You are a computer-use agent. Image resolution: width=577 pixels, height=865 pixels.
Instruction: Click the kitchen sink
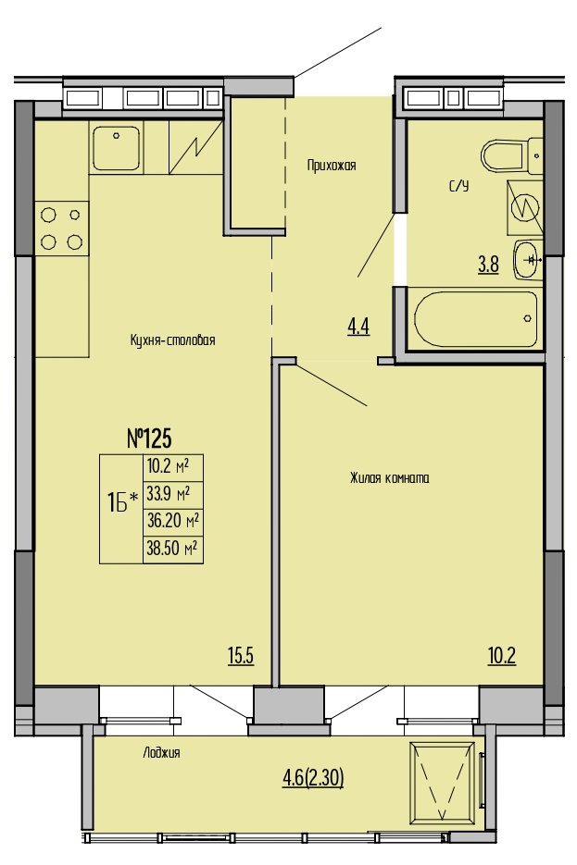pos(116,148)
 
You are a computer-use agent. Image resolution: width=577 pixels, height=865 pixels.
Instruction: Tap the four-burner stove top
pos(61,228)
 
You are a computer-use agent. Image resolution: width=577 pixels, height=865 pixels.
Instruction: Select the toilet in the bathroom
pos(512,155)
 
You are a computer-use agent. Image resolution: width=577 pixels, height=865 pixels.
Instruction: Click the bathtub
pos(475,319)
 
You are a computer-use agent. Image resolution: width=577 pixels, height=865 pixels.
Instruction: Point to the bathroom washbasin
pos(529,260)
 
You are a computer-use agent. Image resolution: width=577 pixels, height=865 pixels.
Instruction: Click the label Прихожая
pos(332,165)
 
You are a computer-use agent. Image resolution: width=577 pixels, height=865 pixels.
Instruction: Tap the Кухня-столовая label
pos(172,340)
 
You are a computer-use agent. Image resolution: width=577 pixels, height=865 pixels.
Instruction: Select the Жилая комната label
pos(390,477)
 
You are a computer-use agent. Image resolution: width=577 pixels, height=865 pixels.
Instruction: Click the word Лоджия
pos(161,752)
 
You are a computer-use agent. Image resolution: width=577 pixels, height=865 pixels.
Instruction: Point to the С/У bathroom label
pos(458,187)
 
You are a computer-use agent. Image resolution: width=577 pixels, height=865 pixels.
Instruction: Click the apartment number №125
pos(150,439)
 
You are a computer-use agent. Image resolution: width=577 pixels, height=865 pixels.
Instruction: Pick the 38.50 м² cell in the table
pos(173,549)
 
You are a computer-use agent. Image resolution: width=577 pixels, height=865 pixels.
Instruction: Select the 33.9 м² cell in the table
pos(173,494)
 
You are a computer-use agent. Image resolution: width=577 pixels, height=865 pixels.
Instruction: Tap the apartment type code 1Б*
pos(121,503)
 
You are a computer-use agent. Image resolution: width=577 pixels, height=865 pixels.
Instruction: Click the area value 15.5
pos(241,656)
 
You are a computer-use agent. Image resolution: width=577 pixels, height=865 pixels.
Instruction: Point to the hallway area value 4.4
pos(358,327)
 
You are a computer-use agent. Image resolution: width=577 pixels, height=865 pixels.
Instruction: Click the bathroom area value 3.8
pos(489,265)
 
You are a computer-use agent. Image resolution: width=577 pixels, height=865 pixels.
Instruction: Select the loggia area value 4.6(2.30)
pos(313,778)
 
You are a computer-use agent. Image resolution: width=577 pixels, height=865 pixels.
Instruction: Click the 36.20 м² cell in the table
pos(173,522)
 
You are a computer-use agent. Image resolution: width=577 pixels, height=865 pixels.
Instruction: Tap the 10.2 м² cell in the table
pos(173,468)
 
